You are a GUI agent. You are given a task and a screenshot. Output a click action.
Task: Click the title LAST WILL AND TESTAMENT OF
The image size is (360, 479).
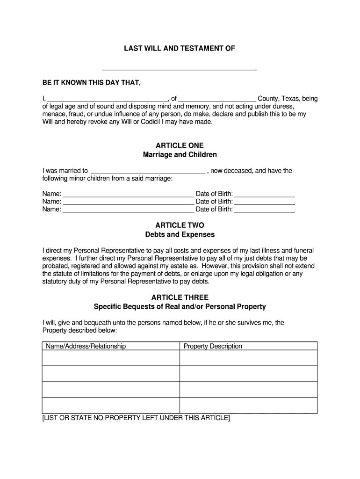[179, 49]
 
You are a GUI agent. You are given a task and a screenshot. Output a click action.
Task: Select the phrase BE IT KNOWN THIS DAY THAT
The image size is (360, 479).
[91, 83]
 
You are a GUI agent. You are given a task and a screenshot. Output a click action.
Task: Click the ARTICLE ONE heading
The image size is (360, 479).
[180, 145]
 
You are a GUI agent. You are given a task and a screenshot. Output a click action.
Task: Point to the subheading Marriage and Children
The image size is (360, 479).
[180, 155]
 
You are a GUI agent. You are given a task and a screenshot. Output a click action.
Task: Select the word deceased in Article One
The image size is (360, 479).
[238, 171]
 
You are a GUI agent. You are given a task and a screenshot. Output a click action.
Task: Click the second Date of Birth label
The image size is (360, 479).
[214, 202]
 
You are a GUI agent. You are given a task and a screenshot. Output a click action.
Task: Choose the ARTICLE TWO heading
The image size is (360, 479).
[180, 225]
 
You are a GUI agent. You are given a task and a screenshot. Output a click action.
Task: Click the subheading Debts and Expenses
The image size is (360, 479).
[180, 234]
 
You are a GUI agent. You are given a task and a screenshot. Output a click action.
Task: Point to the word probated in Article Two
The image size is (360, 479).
[57, 266]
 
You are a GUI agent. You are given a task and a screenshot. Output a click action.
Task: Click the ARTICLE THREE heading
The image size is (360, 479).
[180, 298]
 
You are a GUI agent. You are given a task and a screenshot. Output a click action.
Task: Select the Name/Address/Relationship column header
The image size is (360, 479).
[86, 347]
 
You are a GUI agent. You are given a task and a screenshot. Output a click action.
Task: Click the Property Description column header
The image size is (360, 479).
[213, 347]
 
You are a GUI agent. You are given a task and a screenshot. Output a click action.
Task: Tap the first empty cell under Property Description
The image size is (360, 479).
[248, 358]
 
